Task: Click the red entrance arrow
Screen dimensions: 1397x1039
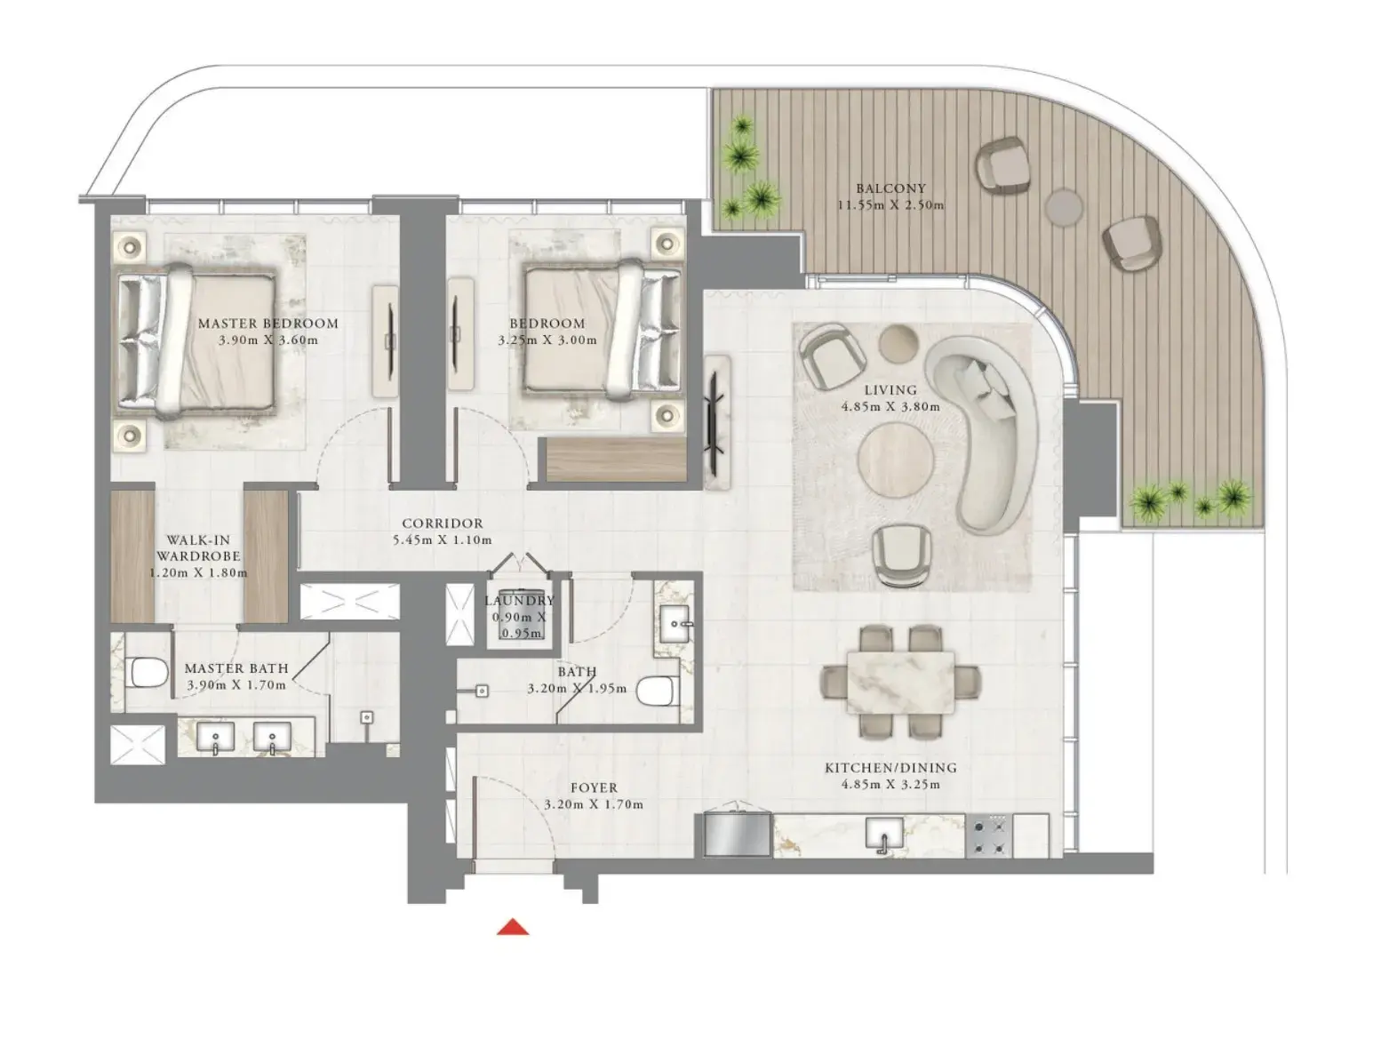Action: (513, 927)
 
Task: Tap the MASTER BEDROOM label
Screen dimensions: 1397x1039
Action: (268, 324)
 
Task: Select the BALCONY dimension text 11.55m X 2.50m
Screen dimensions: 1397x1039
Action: (890, 204)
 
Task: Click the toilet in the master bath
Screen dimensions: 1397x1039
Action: (148, 673)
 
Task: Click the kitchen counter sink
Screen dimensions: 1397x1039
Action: (884, 835)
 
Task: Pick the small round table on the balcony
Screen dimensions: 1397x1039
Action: (1064, 206)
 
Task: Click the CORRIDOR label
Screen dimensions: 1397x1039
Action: (443, 523)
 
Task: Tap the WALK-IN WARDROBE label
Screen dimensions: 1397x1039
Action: (198, 548)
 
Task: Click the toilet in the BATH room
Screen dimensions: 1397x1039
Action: (658, 691)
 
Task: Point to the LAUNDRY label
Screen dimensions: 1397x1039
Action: (520, 601)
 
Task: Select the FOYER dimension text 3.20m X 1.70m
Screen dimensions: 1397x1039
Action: (594, 804)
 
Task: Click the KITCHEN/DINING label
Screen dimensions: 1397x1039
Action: (891, 767)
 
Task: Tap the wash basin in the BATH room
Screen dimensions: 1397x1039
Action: (674, 624)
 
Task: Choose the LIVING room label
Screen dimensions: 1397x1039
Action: (890, 390)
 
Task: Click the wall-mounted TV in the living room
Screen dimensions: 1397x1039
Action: (715, 422)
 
